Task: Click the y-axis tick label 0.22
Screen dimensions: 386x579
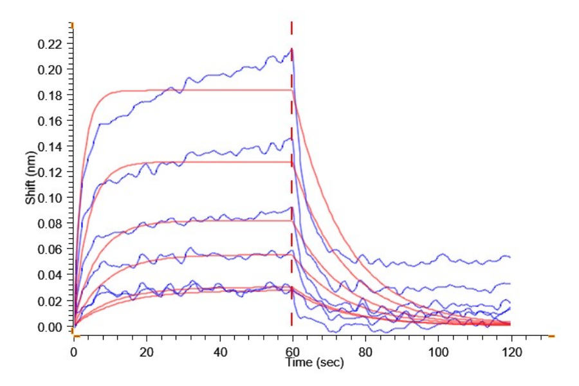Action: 53,44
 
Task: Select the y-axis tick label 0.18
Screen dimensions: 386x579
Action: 53,96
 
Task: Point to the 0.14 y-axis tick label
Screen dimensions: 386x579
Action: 53,147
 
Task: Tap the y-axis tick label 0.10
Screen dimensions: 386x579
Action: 53,198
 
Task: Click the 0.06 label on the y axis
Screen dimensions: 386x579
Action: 53,250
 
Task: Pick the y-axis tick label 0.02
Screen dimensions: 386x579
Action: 53,301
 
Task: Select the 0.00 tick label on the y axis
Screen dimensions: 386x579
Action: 53,327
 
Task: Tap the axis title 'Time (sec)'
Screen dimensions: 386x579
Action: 315,363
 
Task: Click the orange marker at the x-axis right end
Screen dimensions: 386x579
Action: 551,336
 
